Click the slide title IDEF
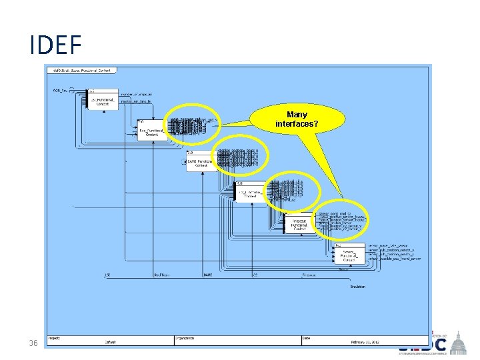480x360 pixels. pyautogui.click(x=55, y=45)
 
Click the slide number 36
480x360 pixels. pyautogui.click(x=33, y=343)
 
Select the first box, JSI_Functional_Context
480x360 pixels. pyautogui.click(x=103, y=101)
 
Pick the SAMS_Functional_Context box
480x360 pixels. pyautogui.click(x=201, y=162)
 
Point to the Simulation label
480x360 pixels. pyautogui.click(x=358, y=287)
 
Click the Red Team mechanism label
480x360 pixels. pyautogui.click(x=162, y=275)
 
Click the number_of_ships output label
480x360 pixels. pyautogui.click(x=137, y=94)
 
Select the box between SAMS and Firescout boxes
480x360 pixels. pyautogui.click(x=250, y=193)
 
